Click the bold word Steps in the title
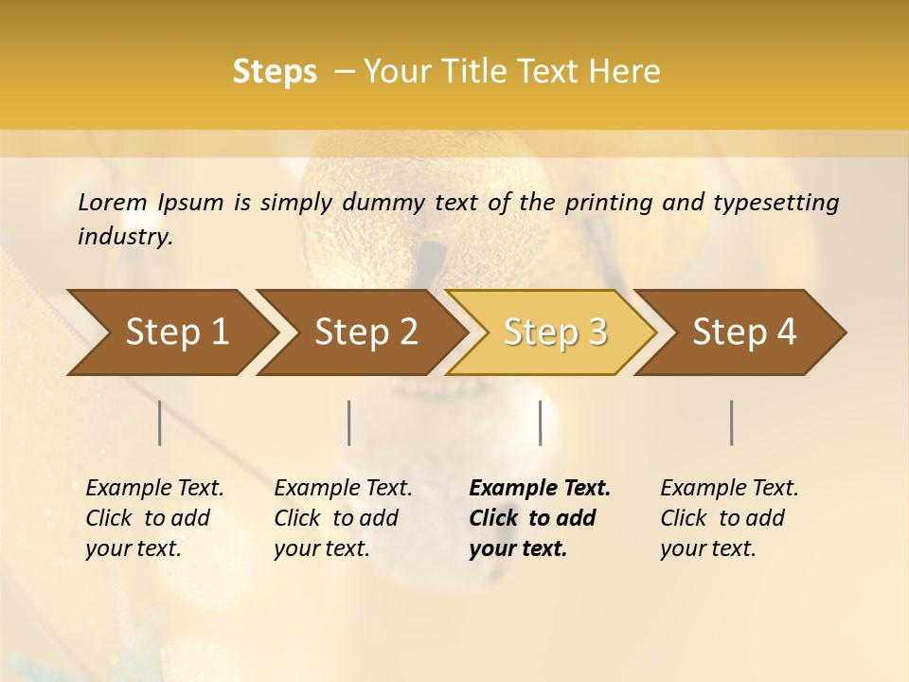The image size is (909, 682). pyautogui.click(x=275, y=72)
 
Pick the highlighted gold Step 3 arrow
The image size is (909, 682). pyautogui.click(x=555, y=332)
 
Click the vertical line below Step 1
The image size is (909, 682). pyautogui.click(x=160, y=422)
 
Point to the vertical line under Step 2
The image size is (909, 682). pyautogui.click(x=349, y=422)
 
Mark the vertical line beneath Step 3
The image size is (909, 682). pyautogui.click(x=540, y=422)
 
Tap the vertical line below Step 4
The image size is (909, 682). pyautogui.click(x=732, y=422)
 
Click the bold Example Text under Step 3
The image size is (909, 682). pyautogui.click(x=540, y=488)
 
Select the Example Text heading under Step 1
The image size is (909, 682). pyautogui.click(x=154, y=488)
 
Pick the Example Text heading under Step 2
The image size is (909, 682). pyautogui.click(x=343, y=488)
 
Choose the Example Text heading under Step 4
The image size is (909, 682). pyautogui.click(x=729, y=488)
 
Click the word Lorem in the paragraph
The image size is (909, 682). pyautogui.click(x=112, y=202)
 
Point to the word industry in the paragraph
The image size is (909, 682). pyautogui.click(x=123, y=237)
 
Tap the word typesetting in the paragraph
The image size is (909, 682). pyautogui.click(x=784, y=202)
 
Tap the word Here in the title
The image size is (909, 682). pyautogui.click(x=625, y=72)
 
